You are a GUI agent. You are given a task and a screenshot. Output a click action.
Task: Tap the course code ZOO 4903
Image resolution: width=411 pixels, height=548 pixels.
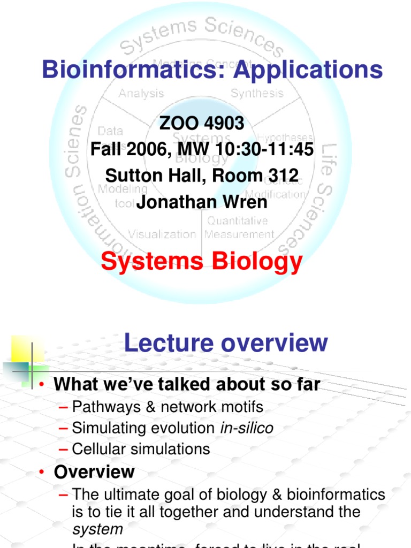(x=202, y=124)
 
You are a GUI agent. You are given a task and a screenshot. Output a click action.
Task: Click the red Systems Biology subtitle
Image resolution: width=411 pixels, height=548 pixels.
(x=202, y=262)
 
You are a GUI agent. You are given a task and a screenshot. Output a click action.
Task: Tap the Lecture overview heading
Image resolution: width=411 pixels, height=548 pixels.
(x=225, y=342)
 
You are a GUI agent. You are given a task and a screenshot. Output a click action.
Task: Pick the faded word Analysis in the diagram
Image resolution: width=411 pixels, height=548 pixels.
(x=141, y=93)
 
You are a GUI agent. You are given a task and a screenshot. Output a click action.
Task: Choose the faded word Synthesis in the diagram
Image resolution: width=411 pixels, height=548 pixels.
(x=257, y=93)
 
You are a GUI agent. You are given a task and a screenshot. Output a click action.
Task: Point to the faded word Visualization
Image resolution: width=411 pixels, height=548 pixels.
(x=162, y=234)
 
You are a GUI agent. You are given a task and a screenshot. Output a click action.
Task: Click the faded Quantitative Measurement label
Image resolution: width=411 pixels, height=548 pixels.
(x=239, y=227)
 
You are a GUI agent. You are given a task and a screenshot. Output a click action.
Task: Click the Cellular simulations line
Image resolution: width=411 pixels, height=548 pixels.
(x=141, y=448)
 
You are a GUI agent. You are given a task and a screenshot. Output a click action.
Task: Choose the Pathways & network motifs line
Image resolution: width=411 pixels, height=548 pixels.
(x=168, y=407)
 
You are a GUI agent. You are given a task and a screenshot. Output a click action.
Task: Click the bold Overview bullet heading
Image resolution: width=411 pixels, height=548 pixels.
(x=94, y=472)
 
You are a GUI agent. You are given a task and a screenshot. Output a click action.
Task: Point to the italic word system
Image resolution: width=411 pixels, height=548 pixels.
(x=97, y=529)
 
